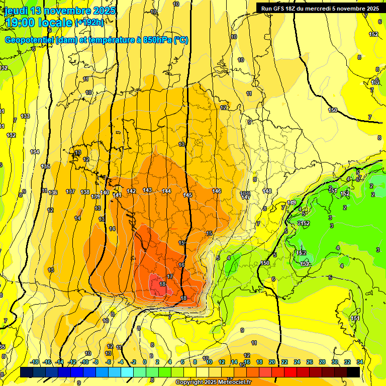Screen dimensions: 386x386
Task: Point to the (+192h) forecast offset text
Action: point(89,22)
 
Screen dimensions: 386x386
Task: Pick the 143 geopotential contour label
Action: point(147,190)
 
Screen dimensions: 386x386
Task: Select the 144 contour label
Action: point(166,191)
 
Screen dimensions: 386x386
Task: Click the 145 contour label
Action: point(187,195)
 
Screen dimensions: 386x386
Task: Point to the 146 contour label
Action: point(217,191)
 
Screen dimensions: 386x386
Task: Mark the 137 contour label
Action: point(70,191)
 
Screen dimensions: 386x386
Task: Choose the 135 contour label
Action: point(45,166)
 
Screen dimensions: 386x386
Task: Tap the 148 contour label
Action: point(267,191)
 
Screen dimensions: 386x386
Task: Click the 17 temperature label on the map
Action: point(170,276)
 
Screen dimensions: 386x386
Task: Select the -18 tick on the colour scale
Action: point(34,362)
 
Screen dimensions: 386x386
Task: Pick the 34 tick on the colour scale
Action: point(360,362)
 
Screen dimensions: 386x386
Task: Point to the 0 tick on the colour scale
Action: point(145,362)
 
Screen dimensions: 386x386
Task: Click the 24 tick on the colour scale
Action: point(297,362)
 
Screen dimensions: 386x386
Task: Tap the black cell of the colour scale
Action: point(353,372)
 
